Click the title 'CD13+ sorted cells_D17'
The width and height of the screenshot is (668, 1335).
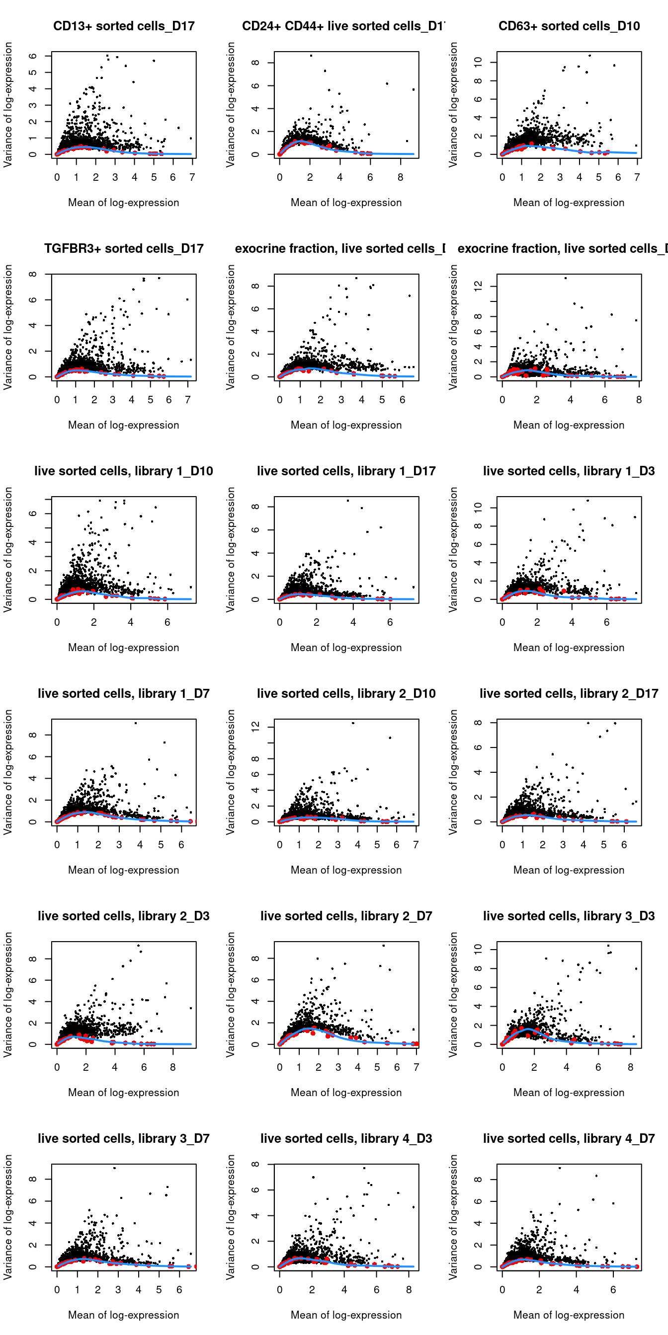[123, 26]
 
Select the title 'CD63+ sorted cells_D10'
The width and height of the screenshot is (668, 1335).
[569, 26]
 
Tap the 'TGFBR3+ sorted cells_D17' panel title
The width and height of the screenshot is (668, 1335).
[123, 249]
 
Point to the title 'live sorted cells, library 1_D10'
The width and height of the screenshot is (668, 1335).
[123, 471]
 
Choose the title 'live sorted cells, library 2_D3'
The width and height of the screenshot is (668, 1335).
[123, 916]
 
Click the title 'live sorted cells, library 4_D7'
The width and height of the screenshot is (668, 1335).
[569, 1139]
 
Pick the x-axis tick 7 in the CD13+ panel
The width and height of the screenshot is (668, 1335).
[192, 177]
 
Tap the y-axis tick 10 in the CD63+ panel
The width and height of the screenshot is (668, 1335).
[478, 62]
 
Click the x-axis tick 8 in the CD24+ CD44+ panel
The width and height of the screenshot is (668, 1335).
[401, 177]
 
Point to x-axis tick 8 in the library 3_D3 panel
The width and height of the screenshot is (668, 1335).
[631, 1067]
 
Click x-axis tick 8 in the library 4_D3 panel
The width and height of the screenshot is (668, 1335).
[409, 1290]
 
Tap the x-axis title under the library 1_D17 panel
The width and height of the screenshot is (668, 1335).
[346, 647]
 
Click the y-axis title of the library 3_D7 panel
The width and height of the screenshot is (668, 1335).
[8, 1216]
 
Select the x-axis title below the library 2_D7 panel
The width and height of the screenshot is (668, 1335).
[346, 1093]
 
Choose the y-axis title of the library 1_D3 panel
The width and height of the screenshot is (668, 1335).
[453, 549]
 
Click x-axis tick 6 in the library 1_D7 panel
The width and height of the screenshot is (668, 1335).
[181, 845]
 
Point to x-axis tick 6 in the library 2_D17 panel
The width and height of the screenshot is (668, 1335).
[624, 845]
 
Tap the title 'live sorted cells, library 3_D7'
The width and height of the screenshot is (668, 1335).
[123, 1139]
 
